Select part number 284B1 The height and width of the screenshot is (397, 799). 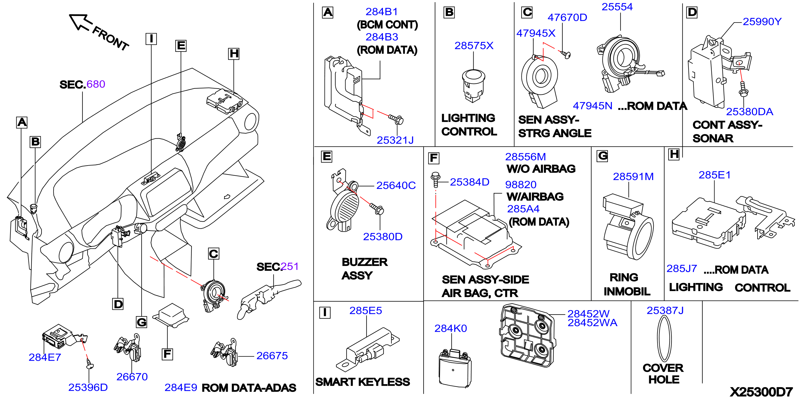click(381, 12)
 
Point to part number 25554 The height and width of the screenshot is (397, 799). click(617, 7)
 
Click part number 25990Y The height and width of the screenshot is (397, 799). click(762, 22)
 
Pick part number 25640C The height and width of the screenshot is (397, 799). click(396, 185)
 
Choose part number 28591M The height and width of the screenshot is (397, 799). click(633, 177)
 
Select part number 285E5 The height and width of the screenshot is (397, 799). click(365, 311)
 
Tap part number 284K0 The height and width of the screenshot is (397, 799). click(450, 328)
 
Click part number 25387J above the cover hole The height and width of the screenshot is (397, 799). click(665, 311)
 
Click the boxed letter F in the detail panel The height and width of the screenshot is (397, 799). click(434, 158)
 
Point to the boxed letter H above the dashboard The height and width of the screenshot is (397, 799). click(234, 54)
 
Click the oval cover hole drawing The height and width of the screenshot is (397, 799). click(664, 339)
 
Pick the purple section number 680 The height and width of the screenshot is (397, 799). click(96, 84)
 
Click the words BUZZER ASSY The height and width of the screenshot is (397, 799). click(364, 269)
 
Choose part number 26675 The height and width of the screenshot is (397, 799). click(272, 356)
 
